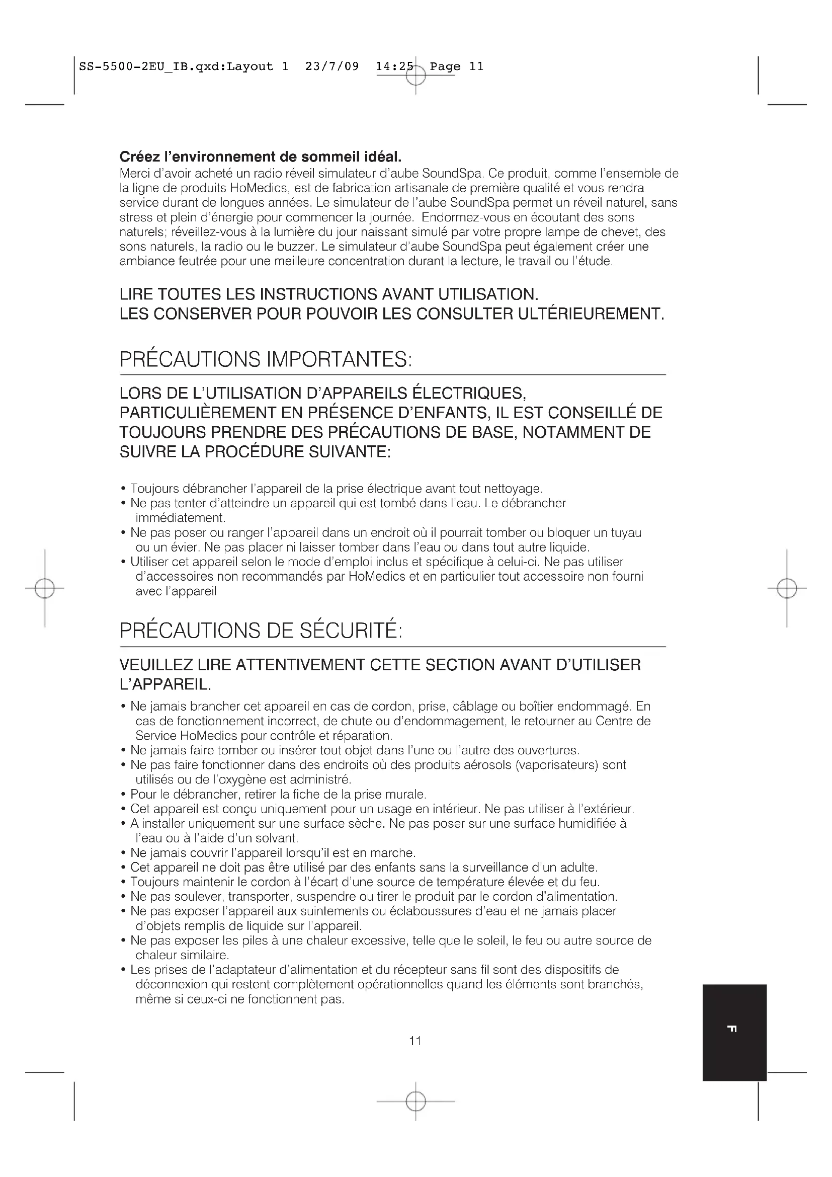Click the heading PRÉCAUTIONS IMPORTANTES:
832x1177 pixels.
click(x=266, y=359)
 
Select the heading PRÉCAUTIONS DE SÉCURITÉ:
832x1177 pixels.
click(x=261, y=631)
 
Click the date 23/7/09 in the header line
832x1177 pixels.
click(x=332, y=66)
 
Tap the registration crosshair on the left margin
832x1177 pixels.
click(x=45, y=589)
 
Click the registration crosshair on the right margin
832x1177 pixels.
click(x=787, y=589)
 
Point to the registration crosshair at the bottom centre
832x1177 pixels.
click(x=415, y=1101)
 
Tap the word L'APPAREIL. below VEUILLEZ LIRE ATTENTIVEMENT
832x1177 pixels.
click(x=165, y=685)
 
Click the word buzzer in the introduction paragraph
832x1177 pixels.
click(x=295, y=247)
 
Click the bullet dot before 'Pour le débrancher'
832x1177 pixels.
click(x=123, y=795)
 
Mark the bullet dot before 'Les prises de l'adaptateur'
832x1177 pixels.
click(x=123, y=970)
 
